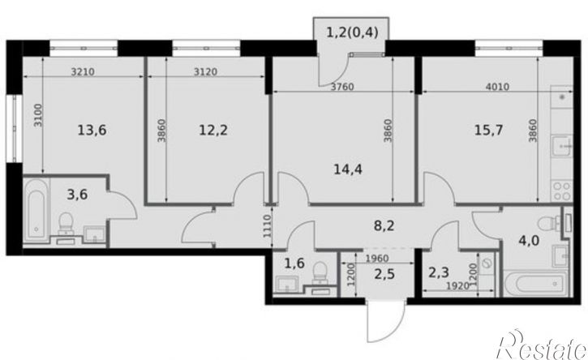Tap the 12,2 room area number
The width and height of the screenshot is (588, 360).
(214, 127)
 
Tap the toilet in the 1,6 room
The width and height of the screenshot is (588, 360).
(320, 272)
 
